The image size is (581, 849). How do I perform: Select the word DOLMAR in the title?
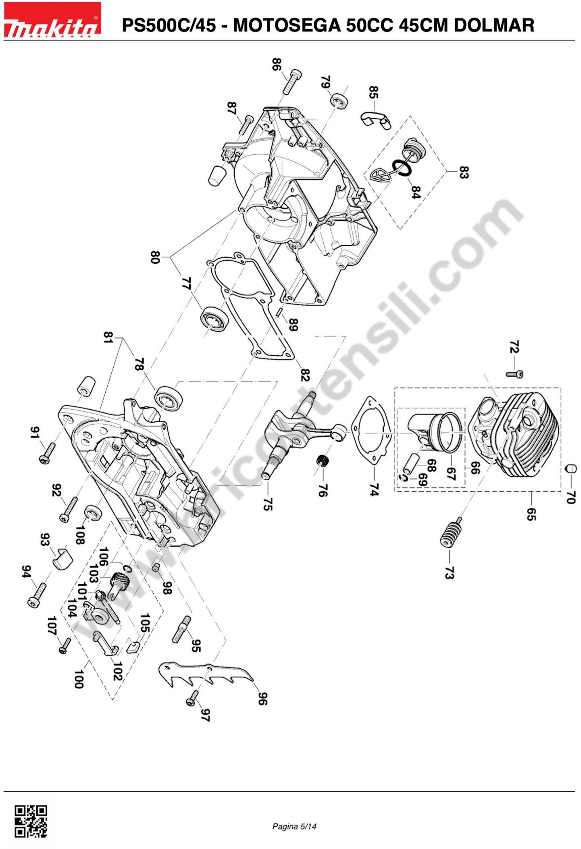tap(494, 25)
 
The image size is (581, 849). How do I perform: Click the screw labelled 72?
tap(515, 374)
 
